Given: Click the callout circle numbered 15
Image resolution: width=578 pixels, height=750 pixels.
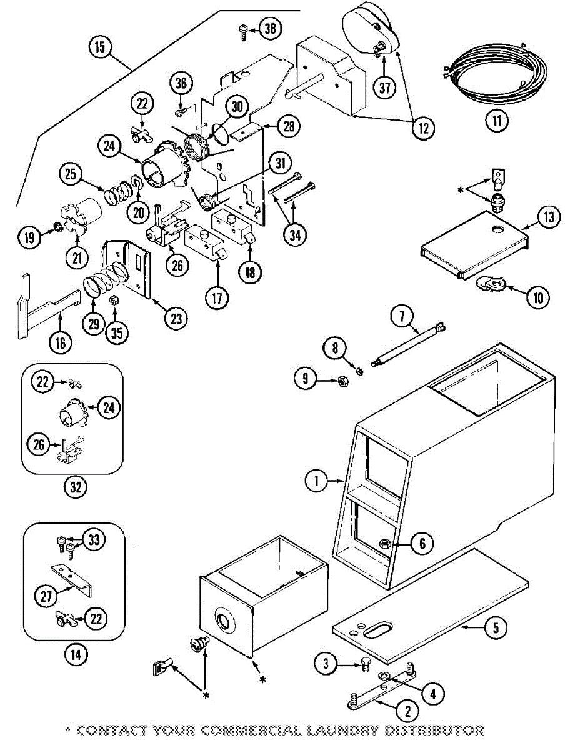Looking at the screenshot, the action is [x=100, y=47].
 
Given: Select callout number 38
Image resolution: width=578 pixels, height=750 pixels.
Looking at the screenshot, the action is [x=270, y=28].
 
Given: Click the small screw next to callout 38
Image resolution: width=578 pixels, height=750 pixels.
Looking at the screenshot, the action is [x=244, y=32].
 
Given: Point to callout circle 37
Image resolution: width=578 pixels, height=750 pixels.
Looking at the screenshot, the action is [x=385, y=87].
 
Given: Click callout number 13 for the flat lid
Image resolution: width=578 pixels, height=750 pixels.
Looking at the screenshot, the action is [x=548, y=217].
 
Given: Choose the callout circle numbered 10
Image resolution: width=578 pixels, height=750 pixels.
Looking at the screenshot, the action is [x=538, y=297].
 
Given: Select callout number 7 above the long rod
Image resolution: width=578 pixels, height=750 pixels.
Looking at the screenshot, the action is [x=402, y=317].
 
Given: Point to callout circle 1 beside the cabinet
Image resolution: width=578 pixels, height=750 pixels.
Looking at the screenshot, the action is [x=317, y=481].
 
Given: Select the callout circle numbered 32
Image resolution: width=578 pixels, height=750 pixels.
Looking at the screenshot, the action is [x=76, y=487].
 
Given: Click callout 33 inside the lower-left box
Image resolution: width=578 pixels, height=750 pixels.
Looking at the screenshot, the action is [x=94, y=539].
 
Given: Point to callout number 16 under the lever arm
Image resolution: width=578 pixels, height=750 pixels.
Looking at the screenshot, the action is [x=61, y=343].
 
